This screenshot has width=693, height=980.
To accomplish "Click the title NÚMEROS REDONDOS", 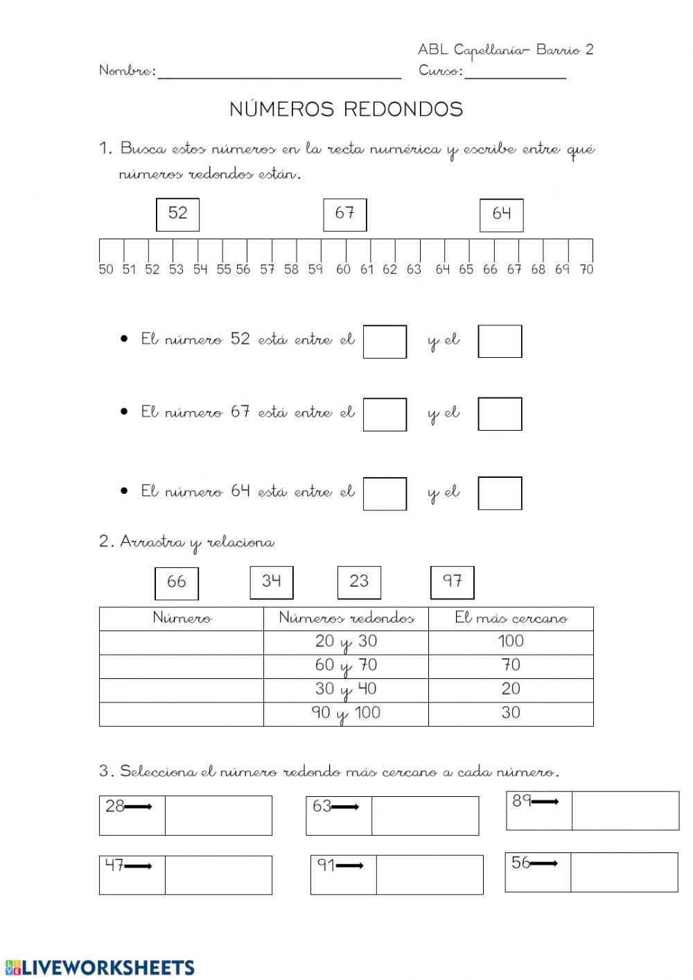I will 346,110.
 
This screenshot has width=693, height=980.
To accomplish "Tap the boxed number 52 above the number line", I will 177,214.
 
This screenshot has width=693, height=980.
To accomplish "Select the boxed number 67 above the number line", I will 344,214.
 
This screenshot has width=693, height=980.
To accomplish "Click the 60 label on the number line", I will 343,270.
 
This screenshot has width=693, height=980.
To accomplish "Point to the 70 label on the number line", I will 586,270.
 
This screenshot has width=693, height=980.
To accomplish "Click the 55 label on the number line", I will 223,270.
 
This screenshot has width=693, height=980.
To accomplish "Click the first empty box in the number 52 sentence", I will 385,341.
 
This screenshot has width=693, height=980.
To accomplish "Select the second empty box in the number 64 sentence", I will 500,493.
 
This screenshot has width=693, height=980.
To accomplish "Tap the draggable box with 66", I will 176,583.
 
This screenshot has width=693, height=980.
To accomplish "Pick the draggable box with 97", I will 452,581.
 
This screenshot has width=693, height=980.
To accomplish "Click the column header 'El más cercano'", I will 511,618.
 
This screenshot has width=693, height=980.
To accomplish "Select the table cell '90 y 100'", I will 346,714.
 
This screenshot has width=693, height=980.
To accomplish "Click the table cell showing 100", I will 511,642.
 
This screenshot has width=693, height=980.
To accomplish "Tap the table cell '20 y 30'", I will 346,642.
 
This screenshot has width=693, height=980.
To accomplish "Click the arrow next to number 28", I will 139,807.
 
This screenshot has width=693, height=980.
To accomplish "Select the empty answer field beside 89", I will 625,810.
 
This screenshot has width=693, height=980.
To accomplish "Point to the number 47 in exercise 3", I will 114,865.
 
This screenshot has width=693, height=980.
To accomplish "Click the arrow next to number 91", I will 350,866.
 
